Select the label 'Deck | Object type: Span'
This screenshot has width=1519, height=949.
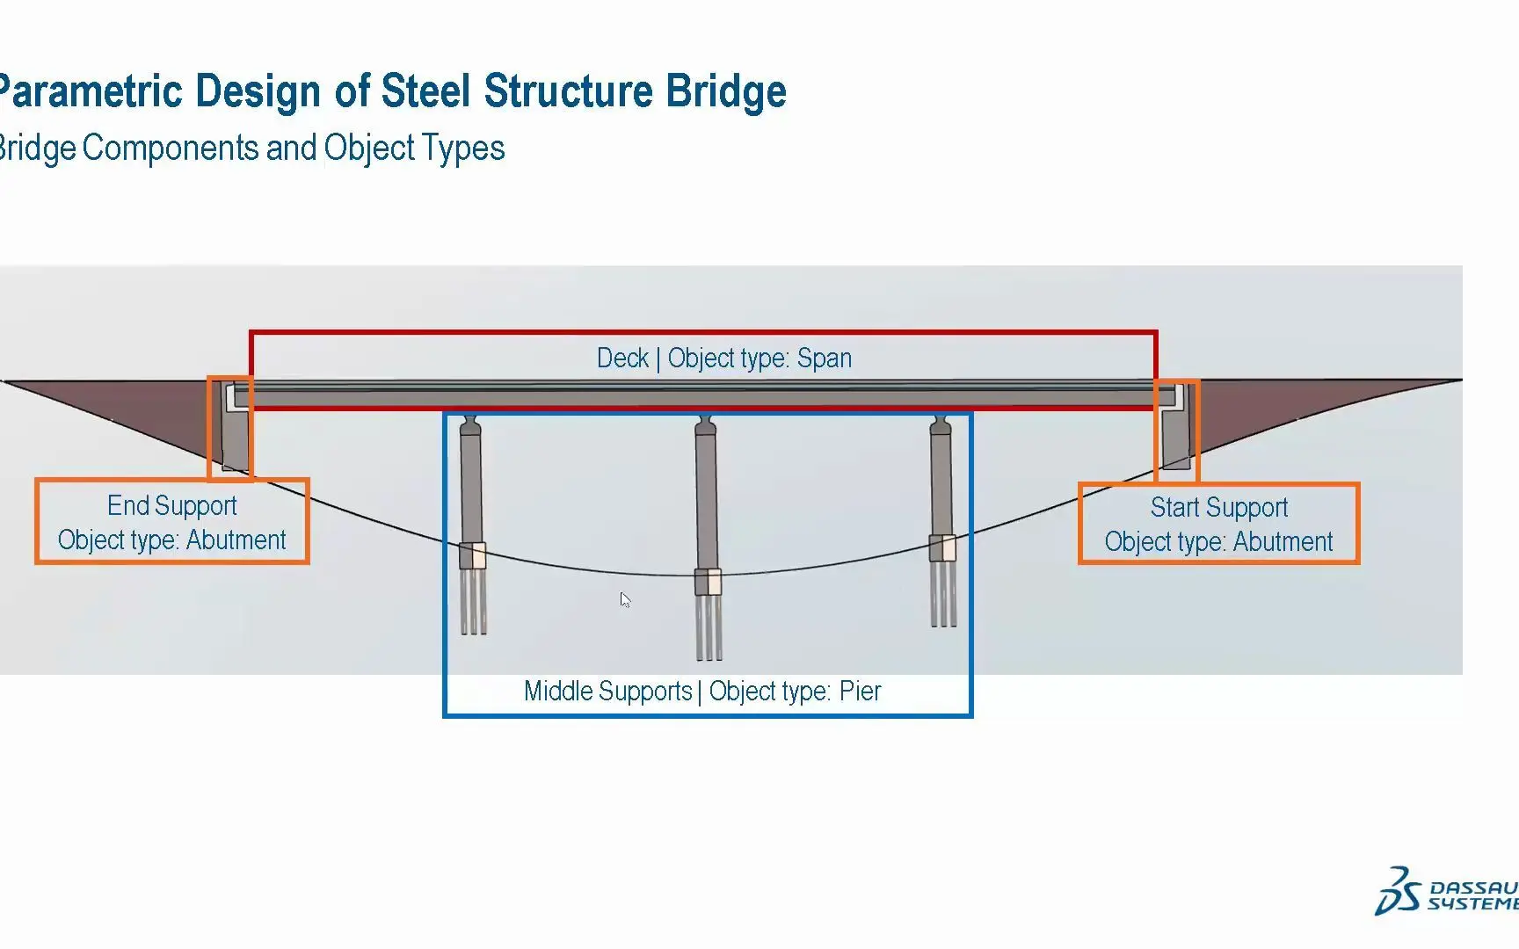coord(724,359)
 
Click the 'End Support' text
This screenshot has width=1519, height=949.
coord(172,506)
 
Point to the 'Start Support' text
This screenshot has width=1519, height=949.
coord(1219,508)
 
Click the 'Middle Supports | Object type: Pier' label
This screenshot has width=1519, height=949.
coord(702,692)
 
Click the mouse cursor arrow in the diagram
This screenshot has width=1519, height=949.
coord(624,599)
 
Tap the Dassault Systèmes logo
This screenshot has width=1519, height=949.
coord(1446,892)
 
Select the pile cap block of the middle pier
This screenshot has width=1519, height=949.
coord(708,582)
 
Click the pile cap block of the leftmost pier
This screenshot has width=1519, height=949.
coord(472,555)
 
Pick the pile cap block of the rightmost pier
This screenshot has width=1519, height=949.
coord(942,548)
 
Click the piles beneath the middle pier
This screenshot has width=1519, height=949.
coord(709,627)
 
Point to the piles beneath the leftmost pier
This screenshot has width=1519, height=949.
coord(473,601)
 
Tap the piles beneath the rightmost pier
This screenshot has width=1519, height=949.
coord(943,594)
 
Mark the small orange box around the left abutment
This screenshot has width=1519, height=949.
coord(209,429)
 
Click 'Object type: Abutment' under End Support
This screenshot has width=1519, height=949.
coord(172,540)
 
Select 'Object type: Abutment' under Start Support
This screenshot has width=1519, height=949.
coord(1219,542)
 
